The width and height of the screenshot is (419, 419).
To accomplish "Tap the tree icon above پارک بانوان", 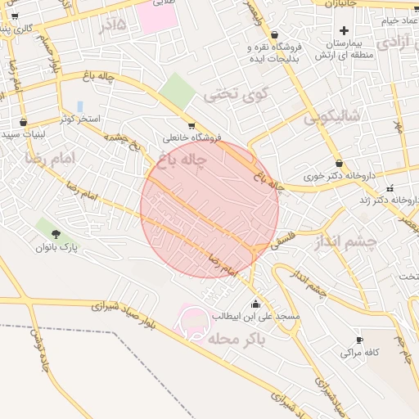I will tap(43, 225).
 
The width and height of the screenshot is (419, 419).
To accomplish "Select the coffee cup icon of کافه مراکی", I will tap(359, 340).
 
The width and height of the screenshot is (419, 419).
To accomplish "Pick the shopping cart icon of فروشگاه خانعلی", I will tap(191, 126).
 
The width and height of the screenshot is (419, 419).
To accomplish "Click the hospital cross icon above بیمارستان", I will tap(345, 31).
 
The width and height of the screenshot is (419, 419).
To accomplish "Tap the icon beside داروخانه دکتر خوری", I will tap(339, 164).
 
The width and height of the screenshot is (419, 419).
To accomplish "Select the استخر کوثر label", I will tap(79, 119).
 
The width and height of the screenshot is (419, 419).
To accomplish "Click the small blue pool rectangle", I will tap(79, 106).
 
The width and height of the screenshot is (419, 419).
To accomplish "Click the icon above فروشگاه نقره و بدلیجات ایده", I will tap(273, 35).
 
